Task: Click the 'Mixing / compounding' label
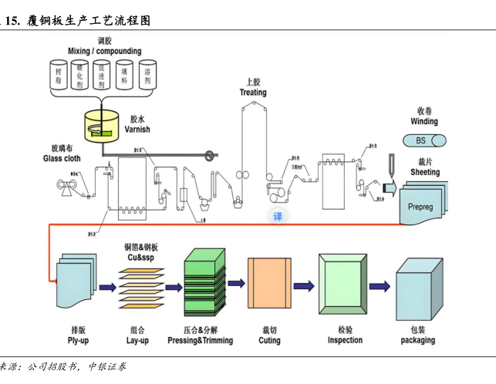click(x=104, y=51)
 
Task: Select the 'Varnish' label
click(x=137, y=130)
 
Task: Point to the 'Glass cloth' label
click(x=62, y=159)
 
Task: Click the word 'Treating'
click(x=253, y=93)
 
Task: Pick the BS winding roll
click(x=425, y=140)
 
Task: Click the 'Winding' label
click(x=424, y=121)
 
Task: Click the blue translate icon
click(x=278, y=217)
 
